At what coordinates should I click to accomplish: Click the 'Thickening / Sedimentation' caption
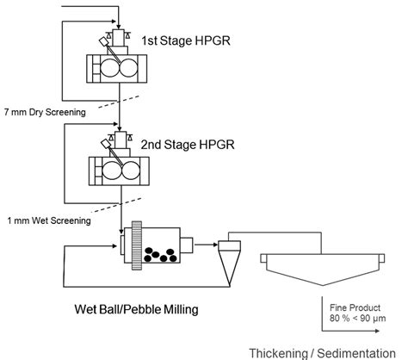(326, 352)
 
